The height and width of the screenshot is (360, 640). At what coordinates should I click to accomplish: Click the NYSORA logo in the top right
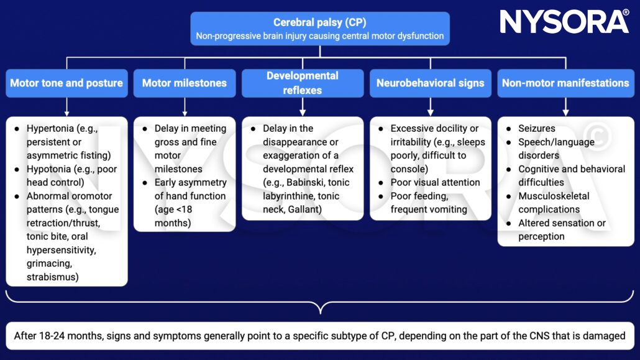tap(564, 22)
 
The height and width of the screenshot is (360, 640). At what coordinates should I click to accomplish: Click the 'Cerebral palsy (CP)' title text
tap(319, 22)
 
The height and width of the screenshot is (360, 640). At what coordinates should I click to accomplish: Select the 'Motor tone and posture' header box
tap(66, 83)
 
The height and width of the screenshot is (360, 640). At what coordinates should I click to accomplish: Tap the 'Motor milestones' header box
tap(185, 83)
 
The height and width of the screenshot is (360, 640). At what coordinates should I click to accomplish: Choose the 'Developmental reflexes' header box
tap(303, 83)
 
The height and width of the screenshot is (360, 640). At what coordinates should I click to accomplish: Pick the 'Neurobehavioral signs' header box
tap(430, 83)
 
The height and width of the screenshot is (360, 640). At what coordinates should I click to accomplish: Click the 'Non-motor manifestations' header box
tap(565, 83)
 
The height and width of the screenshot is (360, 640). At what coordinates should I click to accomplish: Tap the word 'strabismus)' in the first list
tap(53, 277)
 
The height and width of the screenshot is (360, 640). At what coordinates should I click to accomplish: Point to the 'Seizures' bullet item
tap(537, 129)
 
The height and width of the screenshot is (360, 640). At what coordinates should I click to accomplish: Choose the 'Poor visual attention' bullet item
tap(435, 183)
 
